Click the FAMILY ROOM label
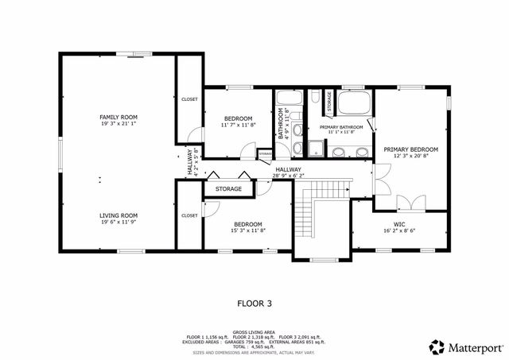[x=119, y=117]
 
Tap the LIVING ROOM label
[x=119, y=215]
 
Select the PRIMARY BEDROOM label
[x=410, y=149]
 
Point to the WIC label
[x=399, y=224]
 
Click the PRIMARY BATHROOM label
[x=341, y=127]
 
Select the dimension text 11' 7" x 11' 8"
[x=238, y=125]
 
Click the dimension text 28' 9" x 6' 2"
[x=288, y=176]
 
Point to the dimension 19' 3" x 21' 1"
[x=119, y=123]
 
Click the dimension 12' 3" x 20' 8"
[x=410, y=156]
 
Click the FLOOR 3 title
[x=254, y=303]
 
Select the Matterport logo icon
[x=437, y=346]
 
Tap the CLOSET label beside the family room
[x=189, y=99]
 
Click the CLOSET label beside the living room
[x=189, y=215]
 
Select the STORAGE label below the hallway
[x=228, y=189]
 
